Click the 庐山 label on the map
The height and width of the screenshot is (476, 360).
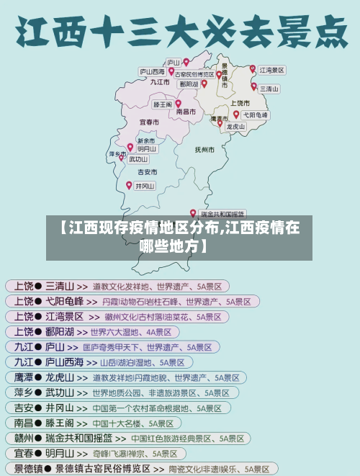click(x=173, y=62)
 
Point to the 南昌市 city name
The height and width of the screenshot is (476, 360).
click(x=186, y=112)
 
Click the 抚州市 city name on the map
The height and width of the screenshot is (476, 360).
click(x=204, y=150)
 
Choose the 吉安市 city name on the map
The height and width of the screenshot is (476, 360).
click(x=147, y=172)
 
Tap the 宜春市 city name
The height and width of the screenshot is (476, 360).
click(x=149, y=122)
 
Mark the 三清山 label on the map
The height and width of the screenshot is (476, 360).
click(x=269, y=89)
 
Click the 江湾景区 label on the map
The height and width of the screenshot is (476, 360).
click(x=272, y=71)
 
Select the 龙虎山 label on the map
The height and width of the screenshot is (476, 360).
click(x=235, y=126)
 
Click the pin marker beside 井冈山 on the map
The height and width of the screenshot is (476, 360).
click(x=130, y=184)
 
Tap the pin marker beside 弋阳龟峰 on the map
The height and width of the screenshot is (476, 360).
click(x=235, y=114)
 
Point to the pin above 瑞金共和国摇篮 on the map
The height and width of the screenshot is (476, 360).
click(x=193, y=212)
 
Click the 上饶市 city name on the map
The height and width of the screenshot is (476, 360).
click(x=240, y=102)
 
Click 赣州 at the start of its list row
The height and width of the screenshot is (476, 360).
click(x=23, y=438)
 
